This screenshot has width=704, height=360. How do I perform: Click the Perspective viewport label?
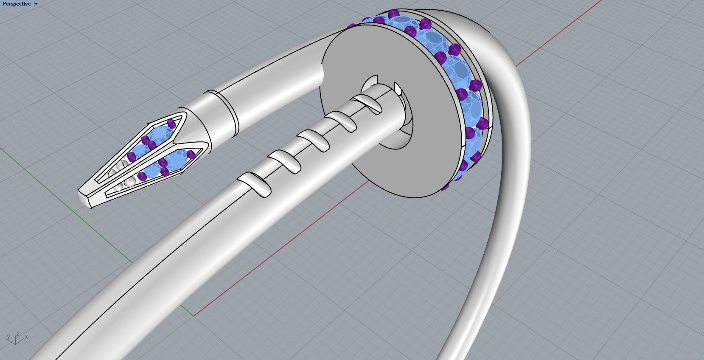tap(17, 4)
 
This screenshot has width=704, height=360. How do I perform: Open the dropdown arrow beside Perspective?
tap(36, 4)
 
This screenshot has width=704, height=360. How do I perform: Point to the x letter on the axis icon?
tap(26, 337)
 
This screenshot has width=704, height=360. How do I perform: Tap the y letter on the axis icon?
tap(8, 337)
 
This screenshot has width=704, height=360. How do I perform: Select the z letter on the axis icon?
tap(17, 334)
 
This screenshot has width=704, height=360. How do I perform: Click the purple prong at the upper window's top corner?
tap(171, 124)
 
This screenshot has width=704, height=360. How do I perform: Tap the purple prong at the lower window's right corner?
tap(191, 155)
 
